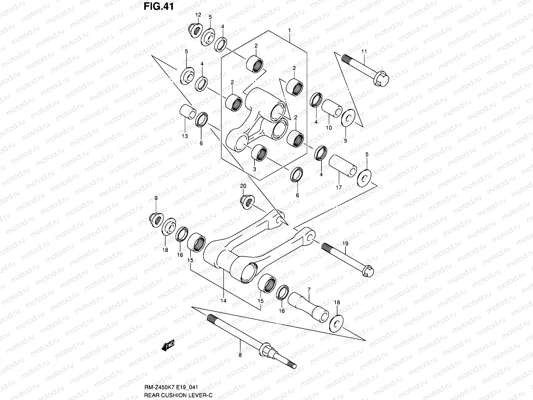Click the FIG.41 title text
[x=159, y=6]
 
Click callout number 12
[x=198, y=15]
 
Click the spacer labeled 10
[x=332, y=108]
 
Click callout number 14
[x=223, y=301]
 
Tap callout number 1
[x=289, y=30]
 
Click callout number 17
[x=338, y=188]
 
